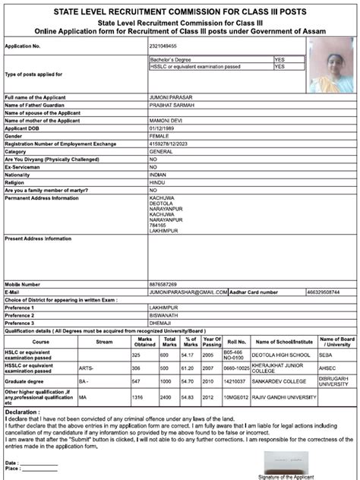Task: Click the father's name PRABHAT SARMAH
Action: (173, 105)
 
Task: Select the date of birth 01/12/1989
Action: (163, 128)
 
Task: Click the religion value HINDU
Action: (159, 182)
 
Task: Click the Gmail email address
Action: (187, 290)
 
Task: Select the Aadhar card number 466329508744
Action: (324, 290)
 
